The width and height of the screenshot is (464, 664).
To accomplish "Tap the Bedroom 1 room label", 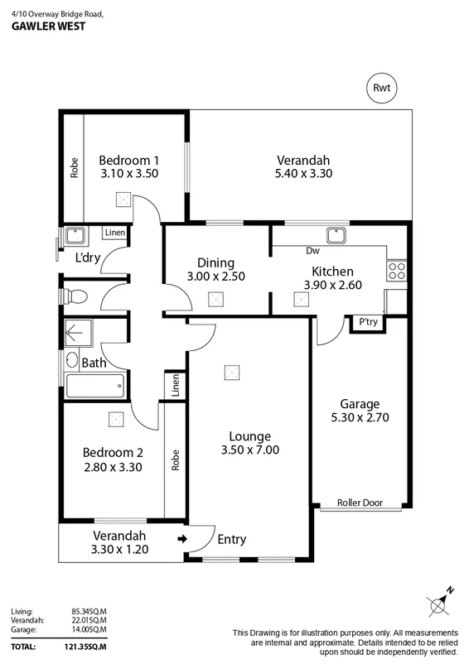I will (128, 160).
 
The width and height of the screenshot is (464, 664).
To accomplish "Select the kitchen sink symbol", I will (336, 234).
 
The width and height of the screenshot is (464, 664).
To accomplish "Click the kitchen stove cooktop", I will (395, 269).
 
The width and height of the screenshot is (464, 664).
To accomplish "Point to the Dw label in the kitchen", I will (313, 250).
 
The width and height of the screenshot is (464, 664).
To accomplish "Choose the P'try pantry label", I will (366, 322).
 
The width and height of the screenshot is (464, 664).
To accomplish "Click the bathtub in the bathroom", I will (95, 386).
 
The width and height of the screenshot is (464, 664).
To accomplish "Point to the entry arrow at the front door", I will (182, 540).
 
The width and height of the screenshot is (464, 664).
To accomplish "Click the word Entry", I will (231, 540).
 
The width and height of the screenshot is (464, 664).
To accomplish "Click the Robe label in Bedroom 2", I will (176, 460).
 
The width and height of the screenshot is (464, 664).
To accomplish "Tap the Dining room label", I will (215, 262).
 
